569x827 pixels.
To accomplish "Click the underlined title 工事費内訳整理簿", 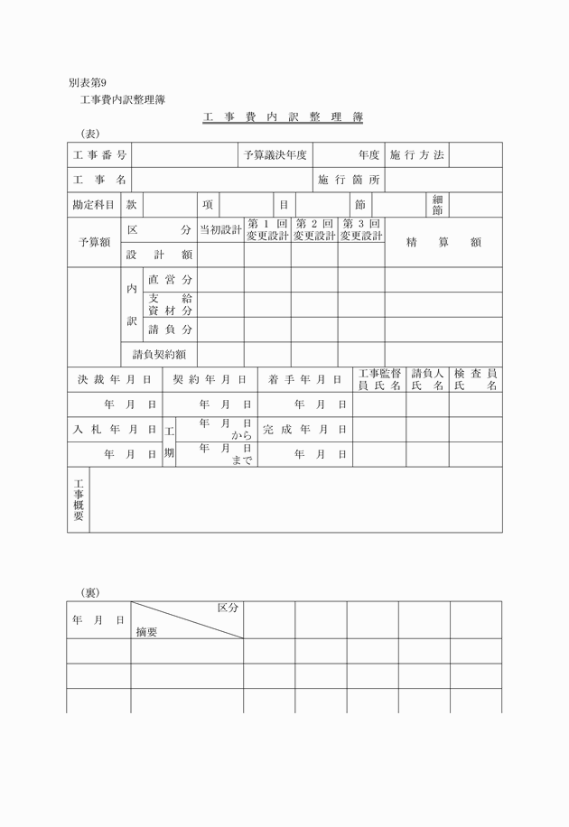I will click(283, 118).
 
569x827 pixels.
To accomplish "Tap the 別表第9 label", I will click(93, 83).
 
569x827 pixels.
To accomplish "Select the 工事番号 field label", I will click(100, 155).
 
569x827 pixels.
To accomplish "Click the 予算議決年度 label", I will click(275, 155).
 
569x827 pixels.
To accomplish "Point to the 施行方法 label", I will click(417, 155).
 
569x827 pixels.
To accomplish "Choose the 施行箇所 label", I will click(350, 180).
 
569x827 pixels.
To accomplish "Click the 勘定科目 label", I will click(94, 205).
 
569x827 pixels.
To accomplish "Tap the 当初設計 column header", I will click(220, 230).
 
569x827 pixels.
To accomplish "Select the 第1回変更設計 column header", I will click(267, 229).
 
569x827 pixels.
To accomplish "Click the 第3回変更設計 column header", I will click(361, 229).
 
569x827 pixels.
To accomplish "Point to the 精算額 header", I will click(443, 242).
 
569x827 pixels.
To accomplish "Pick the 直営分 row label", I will click(171, 280).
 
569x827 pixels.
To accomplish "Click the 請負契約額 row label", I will click(159, 354).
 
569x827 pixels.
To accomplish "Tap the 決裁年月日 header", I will click(115, 379).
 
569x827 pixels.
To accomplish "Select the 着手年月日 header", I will click(305, 379).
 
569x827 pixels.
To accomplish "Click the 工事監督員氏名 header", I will click(379, 379).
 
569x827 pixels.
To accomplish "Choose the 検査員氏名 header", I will click(476, 379).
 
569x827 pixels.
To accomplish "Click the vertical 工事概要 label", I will click(79, 499).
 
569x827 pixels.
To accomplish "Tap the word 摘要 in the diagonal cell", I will click(146, 632).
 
